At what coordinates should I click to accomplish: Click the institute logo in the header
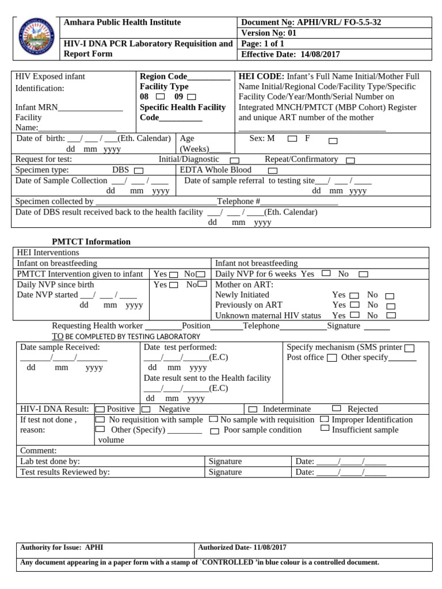pos(37,38)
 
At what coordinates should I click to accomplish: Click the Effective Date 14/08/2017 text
pos(291,55)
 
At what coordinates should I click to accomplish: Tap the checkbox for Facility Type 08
pos(160,97)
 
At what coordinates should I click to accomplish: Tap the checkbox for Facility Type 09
pos(191,97)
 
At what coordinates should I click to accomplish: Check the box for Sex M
pos(292,139)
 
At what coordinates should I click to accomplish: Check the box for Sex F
pos(333,141)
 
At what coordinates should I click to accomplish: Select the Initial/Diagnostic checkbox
pos(234,160)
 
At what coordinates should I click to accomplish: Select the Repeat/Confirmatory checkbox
pos(350,160)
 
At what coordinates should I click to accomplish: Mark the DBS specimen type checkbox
pos(138,171)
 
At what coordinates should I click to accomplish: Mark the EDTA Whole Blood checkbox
pos(272,171)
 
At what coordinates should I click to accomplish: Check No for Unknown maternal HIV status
pos(391,315)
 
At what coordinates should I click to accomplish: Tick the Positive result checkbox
pos(100,409)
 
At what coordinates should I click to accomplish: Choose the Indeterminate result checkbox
pos(253,410)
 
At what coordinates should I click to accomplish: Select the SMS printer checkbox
pos(409,348)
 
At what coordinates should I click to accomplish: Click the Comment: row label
pos(39,450)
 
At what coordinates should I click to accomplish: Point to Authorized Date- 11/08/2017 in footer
pos(242,548)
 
